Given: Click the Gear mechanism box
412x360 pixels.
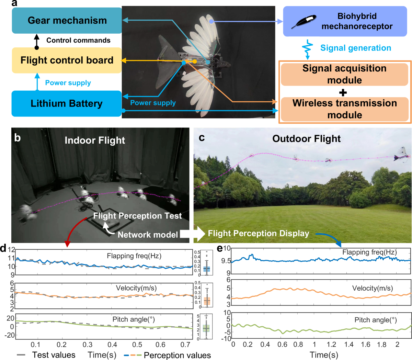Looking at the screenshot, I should [67, 21].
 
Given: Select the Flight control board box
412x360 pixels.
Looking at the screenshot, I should [67, 60].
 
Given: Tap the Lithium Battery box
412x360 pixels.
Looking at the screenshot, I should [67, 103].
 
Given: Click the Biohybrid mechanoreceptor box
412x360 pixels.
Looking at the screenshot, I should [345, 21].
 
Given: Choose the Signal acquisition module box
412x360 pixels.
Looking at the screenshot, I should [344, 74].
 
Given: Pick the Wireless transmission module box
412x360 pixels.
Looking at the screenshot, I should [344, 109].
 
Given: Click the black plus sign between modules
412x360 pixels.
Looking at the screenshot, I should [343, 92].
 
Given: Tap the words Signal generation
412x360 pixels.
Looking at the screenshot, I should [356, 48].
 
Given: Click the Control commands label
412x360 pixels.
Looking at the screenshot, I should [78, 41].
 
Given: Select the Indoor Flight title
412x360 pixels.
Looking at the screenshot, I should [95, 140].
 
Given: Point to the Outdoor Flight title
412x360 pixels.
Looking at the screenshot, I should [306, 139].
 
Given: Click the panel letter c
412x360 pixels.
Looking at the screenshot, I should [202, 137].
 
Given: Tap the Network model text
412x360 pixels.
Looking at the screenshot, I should [148, 235].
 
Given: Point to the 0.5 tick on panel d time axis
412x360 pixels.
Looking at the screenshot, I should [137, 345].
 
